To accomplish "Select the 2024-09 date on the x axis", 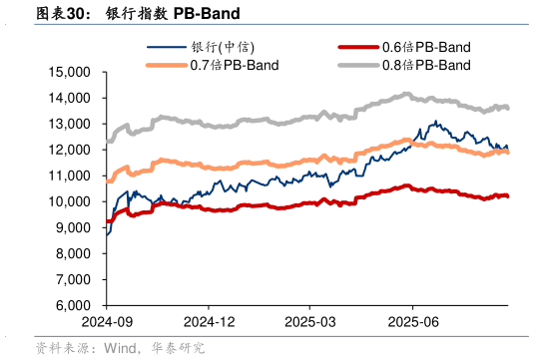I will tap(107, 323).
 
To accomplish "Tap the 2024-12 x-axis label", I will tap(209, 323).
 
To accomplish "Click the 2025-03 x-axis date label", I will tap(311, 323).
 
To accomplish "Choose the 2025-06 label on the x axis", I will tap(413, 323).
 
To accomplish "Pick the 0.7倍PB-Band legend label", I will tap(235, 65).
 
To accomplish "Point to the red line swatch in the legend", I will tap(359, 47).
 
